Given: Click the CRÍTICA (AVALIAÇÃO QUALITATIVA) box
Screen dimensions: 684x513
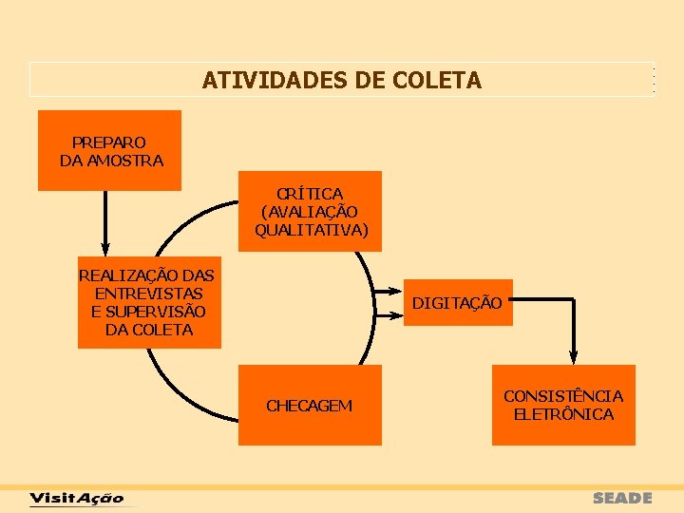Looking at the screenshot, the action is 310,211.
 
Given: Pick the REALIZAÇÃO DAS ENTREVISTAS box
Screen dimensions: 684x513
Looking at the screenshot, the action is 148,302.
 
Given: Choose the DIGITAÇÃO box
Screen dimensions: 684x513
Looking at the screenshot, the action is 457,302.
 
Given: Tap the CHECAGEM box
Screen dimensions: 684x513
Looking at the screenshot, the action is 310,406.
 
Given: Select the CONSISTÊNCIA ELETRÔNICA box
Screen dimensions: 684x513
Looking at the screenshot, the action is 563,405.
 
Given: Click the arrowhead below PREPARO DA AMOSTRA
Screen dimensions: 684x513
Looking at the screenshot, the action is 104,249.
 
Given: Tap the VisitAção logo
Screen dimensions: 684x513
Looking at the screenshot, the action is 77,498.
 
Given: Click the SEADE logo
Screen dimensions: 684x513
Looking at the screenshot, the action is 622,498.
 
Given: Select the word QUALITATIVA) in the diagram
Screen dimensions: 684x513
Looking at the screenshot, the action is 312,230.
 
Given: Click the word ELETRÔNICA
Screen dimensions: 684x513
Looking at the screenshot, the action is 563,414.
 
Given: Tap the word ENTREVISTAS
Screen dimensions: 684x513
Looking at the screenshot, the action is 148,294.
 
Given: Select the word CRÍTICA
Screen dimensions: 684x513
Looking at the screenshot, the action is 310,193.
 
